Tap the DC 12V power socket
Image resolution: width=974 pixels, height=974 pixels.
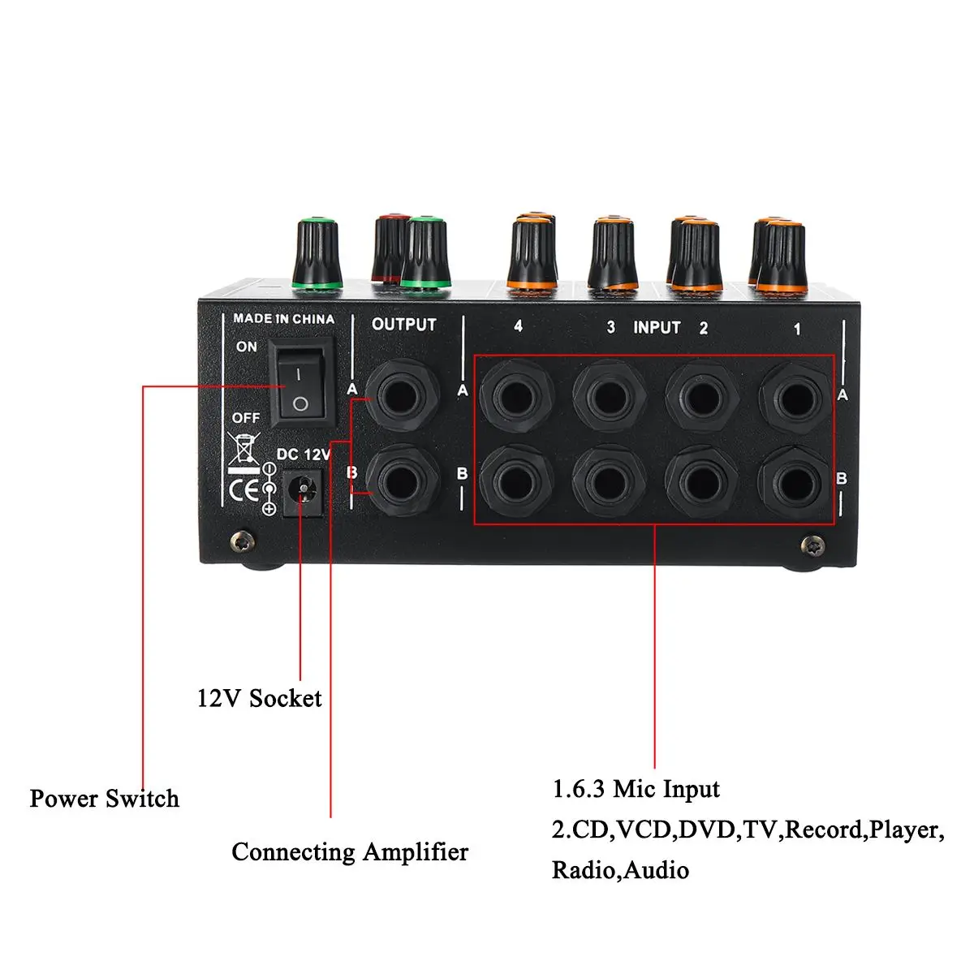(x=304, y=490)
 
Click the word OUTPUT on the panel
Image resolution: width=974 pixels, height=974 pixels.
(x=403, y=325)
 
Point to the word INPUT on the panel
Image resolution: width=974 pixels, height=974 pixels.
(x=657, y=327)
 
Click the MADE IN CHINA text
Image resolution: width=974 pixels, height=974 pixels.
(x=283, y=319)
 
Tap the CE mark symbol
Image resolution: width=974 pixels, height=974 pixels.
(x=243, y=490)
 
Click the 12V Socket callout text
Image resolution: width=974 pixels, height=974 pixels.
(x=259, y=698)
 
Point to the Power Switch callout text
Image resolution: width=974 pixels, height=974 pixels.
(x=104, y=799)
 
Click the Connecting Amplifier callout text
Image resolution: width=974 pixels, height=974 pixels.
(x=350, y=852)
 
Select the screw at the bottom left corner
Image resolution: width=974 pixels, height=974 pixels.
(x=241, y=539)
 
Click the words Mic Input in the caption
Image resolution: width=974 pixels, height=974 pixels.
(x=666, y=789)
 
